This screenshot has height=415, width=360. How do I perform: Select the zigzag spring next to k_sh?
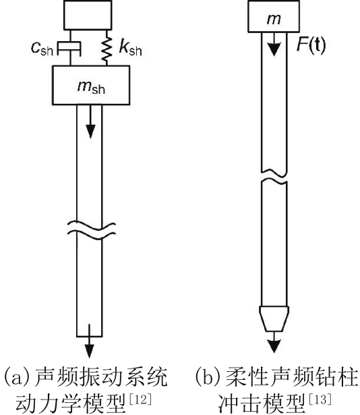coord(107,48)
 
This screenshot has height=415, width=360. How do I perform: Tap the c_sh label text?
coord(42,49)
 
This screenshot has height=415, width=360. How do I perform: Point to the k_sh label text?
coord(130,48)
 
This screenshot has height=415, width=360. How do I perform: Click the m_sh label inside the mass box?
coord(91,86)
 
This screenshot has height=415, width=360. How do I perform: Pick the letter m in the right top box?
coord(274,18)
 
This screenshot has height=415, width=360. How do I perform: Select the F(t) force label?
coord(311,45)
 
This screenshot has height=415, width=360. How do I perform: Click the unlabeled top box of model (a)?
coord(88,15)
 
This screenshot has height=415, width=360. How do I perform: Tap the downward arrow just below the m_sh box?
coord(90,121)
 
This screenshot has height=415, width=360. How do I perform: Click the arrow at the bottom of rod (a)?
coord(89,341)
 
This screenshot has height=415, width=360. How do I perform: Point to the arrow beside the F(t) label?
coord(274,45)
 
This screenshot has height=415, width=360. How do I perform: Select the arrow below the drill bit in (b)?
coord(274,342)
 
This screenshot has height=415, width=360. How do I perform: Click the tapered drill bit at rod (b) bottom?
coord(274,319)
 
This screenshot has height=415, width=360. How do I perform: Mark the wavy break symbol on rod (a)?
coord(91,229)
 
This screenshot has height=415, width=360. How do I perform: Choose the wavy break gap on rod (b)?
coord(274,177)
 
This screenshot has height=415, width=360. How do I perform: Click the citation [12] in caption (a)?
coord(140,399)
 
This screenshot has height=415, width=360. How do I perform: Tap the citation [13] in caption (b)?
coord(320,399)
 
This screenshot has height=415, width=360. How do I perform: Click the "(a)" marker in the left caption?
coord(18,377)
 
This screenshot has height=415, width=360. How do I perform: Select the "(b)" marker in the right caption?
coord(208,377)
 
